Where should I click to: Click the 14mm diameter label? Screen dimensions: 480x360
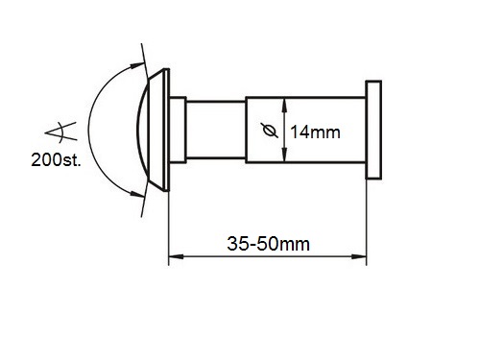(315, 132)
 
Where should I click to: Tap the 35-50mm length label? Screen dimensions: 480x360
(268, 244)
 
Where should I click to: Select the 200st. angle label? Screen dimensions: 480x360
(57, 159)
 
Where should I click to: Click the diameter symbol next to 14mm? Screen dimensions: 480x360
(270, 131)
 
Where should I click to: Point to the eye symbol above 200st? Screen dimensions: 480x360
(60, 132)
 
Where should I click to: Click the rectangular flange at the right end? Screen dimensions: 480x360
(373, 130)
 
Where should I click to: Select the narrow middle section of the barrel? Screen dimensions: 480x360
(216, 130)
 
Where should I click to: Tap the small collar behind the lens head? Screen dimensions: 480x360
(178, 130)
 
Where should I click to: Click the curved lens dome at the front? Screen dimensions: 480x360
(143, 131)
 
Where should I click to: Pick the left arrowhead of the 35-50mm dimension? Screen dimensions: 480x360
(176, 256)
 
